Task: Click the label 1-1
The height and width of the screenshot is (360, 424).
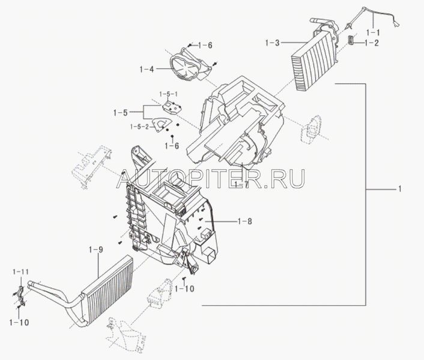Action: pos(374,31)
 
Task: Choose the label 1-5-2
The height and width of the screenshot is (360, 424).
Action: pos(139,127)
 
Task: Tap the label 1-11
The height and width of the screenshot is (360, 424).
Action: pos(20,272)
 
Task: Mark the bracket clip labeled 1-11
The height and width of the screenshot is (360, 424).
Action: pos(18,294)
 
